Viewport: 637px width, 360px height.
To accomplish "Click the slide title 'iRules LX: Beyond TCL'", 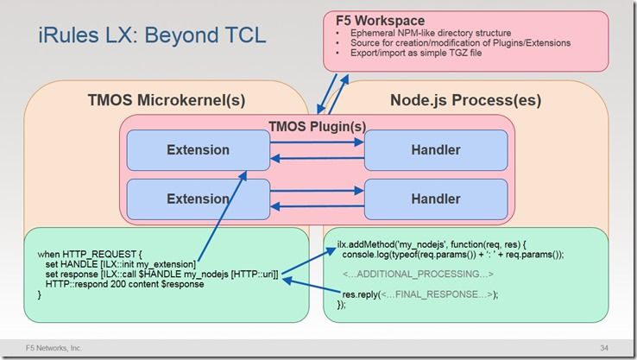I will (152, 36).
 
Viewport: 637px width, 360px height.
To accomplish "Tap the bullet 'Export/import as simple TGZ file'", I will (411, 53).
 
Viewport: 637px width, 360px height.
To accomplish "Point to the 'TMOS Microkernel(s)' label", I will (167, 100).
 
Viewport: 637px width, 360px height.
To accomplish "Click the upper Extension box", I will (198, 149).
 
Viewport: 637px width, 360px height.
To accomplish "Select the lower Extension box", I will (198, 199).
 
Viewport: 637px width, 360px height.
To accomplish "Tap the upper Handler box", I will (436, 149).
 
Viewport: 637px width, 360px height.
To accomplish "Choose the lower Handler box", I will (436, 199).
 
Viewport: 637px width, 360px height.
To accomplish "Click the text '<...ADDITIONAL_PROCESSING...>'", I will (418, 274).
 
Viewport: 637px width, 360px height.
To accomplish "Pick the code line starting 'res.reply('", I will (420, 294).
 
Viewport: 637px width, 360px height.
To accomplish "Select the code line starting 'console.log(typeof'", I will (452, 254).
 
